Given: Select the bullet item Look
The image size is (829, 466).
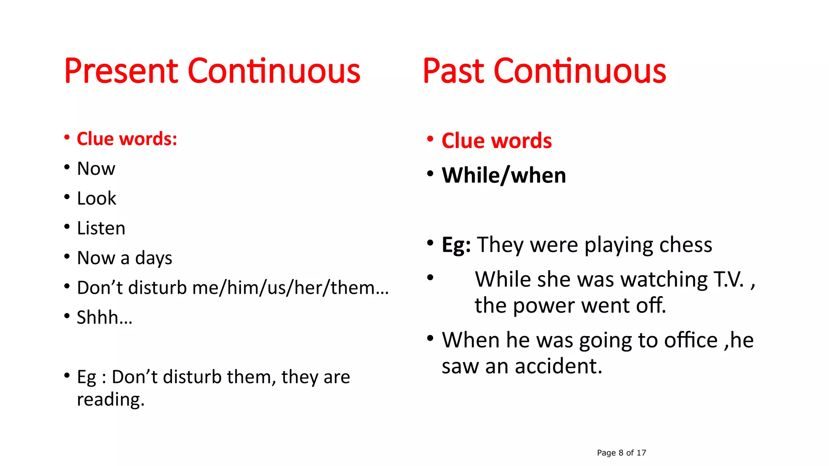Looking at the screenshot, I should pos(96,198).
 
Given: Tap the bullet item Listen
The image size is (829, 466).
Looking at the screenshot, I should pos(101,228).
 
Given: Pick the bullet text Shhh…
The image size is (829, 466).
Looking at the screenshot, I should pos(104,318).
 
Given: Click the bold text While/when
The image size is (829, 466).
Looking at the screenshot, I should pos(504,176).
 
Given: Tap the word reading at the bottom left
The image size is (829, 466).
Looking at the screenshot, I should pos(110,400).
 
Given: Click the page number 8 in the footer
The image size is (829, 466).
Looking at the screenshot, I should pos(621,453).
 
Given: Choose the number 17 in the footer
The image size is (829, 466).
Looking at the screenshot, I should pos(641,453).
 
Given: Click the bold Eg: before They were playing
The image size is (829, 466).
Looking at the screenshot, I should pos(456,245).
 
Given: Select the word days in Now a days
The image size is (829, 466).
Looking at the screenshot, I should pos(153,258).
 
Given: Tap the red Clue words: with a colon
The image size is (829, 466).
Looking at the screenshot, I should pos(127,139).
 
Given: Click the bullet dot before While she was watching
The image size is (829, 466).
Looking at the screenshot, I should pos(430,277).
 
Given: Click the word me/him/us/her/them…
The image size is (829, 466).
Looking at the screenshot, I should pos(290,288).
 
